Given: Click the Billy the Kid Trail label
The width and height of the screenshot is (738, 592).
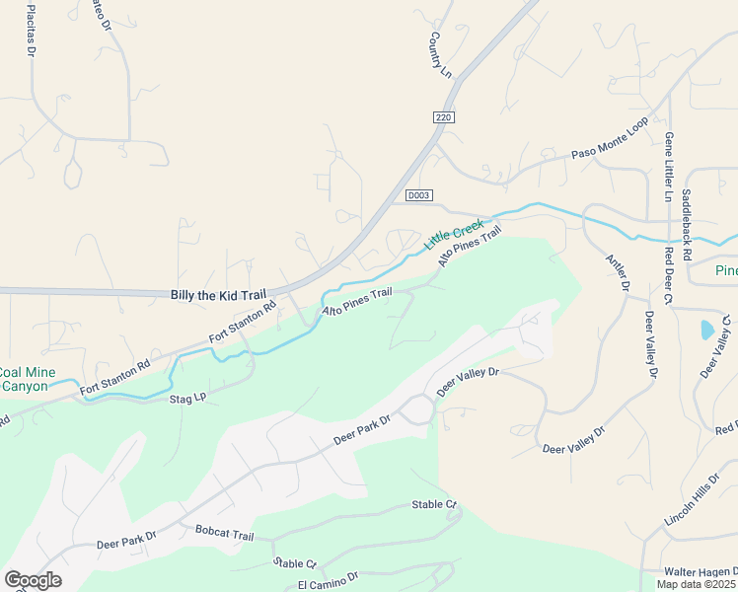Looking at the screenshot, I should coord(219,294).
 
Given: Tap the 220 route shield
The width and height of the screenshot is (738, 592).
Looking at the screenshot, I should coord(442,117).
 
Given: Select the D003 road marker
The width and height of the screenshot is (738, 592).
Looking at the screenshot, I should coord(419,195).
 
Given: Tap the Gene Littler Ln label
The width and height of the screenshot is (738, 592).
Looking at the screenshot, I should coord(669,167).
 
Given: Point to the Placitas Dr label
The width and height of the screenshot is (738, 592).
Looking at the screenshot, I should coord(32,28).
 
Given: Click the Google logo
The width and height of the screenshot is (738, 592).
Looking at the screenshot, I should coord(33,580).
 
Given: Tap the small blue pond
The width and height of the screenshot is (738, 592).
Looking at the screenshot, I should coord(708,330).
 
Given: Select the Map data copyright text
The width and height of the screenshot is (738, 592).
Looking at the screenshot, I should coord(697,584).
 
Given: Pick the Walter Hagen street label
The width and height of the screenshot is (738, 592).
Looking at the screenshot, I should coord(699,571).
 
